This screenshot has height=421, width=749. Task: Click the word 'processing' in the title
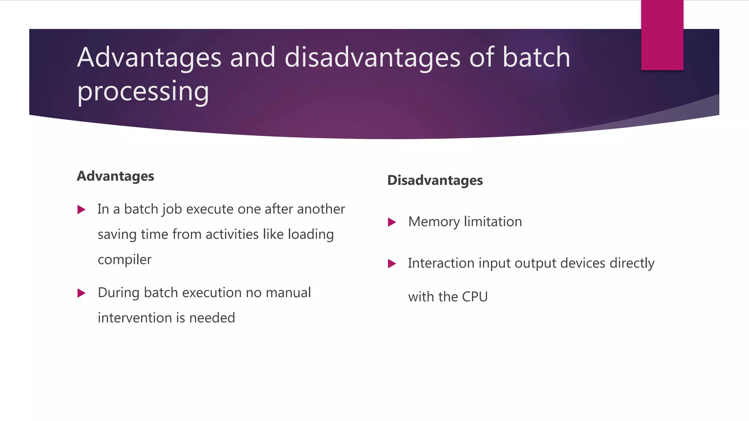[x=143, y=91]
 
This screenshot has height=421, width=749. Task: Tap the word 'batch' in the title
[x=536, y=57]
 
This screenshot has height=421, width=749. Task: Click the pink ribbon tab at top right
[x=662, y=35]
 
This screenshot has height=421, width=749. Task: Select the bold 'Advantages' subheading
[x=115, y=176]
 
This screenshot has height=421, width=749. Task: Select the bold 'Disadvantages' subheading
[x=435, y=181]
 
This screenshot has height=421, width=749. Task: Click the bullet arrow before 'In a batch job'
[x=82, y=210]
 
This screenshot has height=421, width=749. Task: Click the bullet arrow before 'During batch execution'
[x=82, y=293]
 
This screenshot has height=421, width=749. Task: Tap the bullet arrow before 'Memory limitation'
[x=392, y=222]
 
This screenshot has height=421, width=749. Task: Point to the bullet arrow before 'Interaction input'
[x=392, y=263]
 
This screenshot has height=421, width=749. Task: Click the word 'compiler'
[x=124, y=260]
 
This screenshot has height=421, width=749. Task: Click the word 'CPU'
[x=475, y=297]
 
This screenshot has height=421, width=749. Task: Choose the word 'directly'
[x=632, y=263]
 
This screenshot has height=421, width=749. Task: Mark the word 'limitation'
[x=493, y=222]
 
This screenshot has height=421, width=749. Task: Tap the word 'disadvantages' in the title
[x=372, y=57]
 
